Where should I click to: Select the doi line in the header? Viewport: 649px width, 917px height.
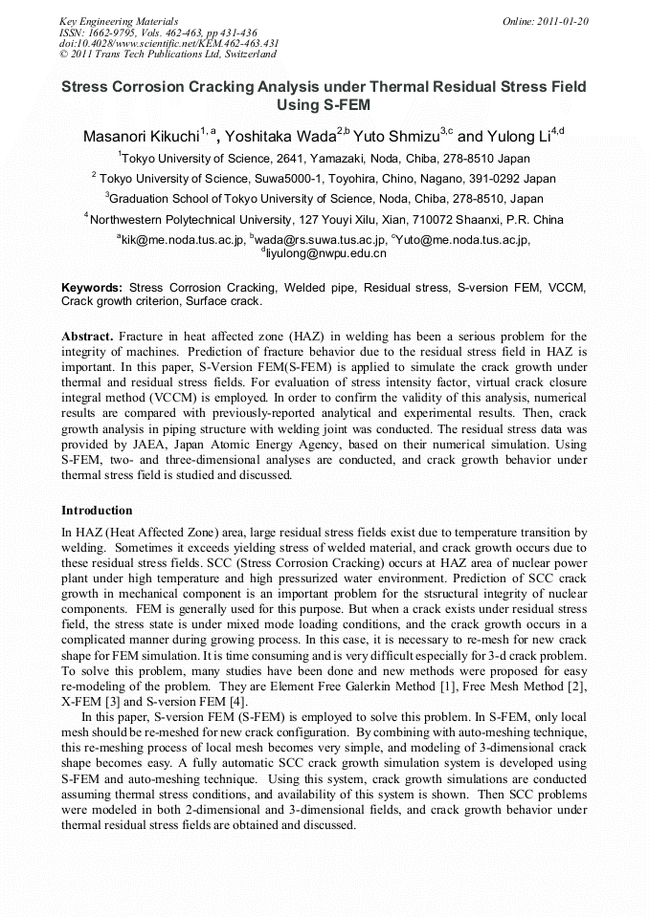168,43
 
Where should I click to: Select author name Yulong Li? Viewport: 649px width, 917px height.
518,137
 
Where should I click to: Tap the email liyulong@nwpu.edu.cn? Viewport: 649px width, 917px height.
325,254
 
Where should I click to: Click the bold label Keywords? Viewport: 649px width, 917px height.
92,287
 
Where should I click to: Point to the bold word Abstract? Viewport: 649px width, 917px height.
87,337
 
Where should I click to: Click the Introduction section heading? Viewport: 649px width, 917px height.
97,511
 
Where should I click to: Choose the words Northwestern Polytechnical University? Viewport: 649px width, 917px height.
190,219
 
